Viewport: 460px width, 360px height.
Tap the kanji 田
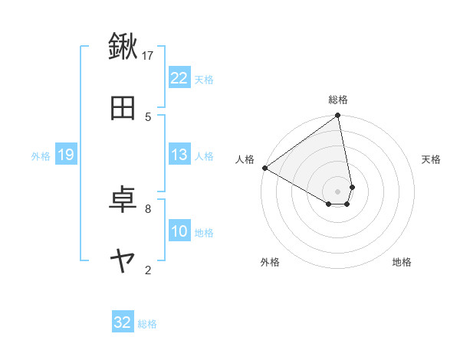pos(123,109)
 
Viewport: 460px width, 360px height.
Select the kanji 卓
pos(123,200)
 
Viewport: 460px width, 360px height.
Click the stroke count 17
pos(148,55)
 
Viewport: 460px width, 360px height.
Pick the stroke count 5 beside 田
pos(148,116)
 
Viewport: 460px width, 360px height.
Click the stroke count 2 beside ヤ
pos(148,270)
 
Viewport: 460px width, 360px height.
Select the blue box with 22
pos(179,78)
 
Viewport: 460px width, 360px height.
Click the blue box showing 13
pos(179,155)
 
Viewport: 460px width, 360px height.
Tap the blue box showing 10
pos(179,231)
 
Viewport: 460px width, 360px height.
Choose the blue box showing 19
pos(66,155)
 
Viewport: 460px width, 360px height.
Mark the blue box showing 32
pos(123,322)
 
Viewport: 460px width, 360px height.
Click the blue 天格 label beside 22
pos(204,79)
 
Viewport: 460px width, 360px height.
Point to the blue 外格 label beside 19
pos(41,155)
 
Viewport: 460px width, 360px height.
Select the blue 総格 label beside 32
pos(147,323)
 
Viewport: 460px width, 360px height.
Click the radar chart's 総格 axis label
pos(338,100)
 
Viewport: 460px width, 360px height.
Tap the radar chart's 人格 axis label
pos(245,159)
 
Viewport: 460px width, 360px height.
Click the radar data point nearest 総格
pos(337,116)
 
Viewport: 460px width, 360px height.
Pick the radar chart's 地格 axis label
pos(402,262)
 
